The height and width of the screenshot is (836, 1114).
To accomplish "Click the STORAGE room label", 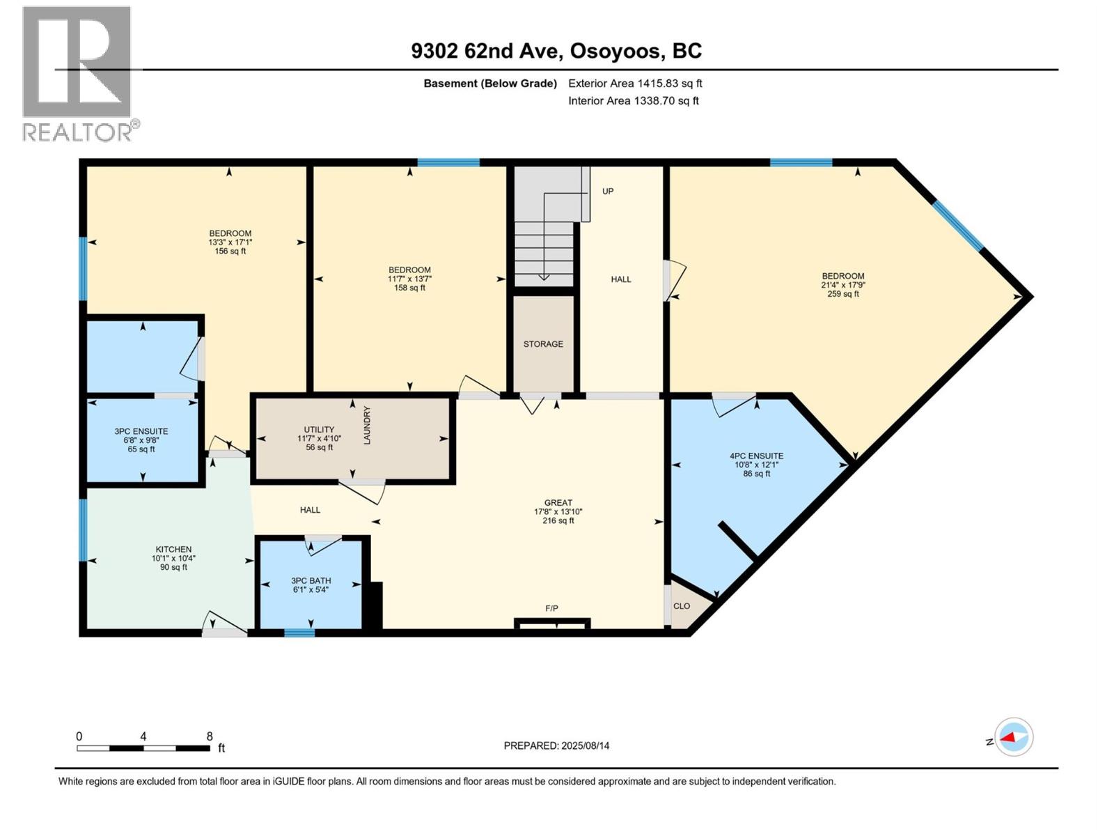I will pos(543,344).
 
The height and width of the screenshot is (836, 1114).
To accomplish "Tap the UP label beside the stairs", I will pos(608,191).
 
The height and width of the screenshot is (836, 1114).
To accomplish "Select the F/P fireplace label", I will pos(551,608).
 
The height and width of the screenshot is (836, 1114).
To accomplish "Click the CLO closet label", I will pos(682,606).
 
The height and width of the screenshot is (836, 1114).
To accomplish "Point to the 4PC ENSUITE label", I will pos(757,456).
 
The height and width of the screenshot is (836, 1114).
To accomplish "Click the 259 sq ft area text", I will pos(843,294).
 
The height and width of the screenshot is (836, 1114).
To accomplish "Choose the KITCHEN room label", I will pos(173,550).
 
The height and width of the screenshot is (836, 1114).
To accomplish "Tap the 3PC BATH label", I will pos(311,581).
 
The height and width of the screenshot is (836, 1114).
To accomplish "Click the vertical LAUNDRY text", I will pos(367,425).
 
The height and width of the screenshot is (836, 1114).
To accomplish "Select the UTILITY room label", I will pos(319,430).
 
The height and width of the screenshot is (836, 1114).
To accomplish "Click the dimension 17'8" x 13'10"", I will pos(558,511).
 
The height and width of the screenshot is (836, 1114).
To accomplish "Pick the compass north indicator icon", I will pos(1013,737).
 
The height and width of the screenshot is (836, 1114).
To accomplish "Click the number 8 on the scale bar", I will pos(210,736).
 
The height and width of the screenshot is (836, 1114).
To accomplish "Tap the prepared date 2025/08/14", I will pos(585,745).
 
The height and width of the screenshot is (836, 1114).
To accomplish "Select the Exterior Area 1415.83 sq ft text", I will pos(635,84).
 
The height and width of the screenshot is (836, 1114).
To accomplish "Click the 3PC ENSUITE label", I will pos(141,432).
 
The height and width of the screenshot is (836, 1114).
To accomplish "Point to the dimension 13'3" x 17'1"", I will pos(230,242).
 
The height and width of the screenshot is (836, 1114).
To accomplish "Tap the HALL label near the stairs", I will pos(621,279).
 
